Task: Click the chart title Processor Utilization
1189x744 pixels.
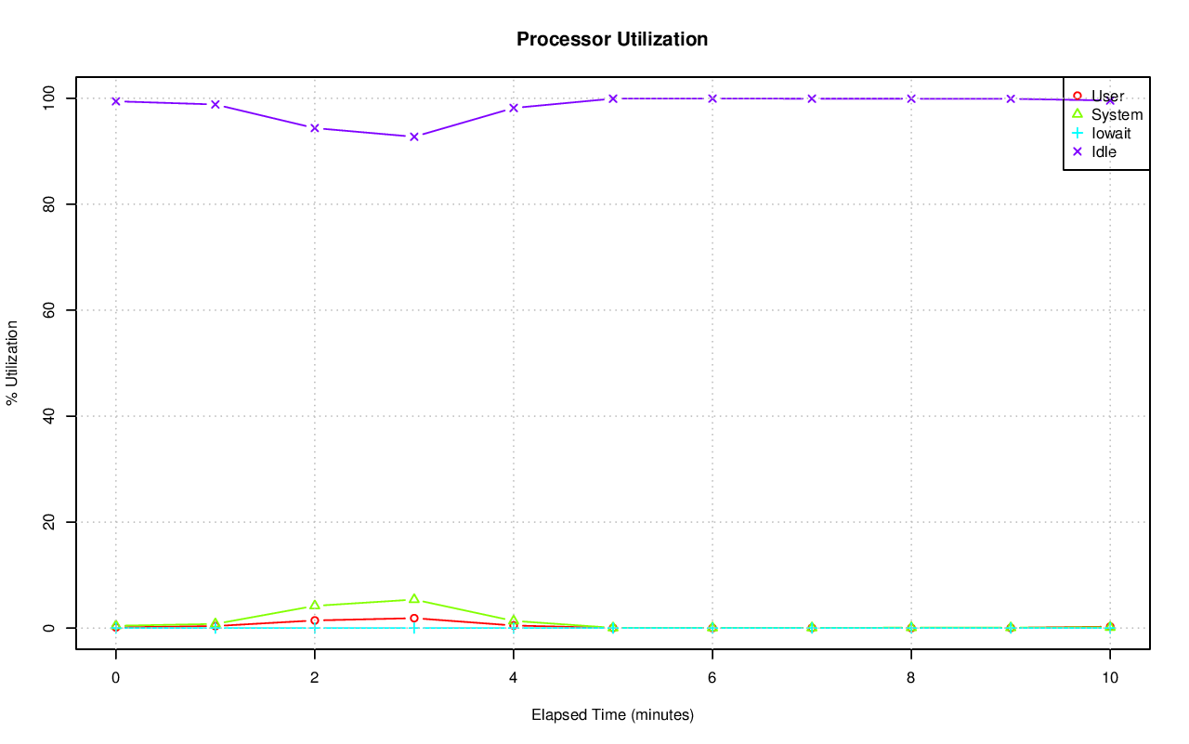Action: click(x=612, y=40)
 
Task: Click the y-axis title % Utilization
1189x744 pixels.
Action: click(x=12, y=363)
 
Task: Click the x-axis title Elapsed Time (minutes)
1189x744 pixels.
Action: click(x=612, y=715)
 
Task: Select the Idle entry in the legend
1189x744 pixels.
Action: click(x=1104, y=151)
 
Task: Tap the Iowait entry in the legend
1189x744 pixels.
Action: click(x=1110, y=133)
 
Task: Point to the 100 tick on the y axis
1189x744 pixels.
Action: click(x=52, y=98)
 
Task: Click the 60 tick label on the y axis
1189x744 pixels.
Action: click(x=52, y=309)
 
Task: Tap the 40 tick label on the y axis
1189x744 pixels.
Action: click(x=52, y=416)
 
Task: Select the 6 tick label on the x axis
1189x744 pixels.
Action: click(x=712, y=678)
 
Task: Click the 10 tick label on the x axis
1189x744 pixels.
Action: click(x=1109, y=678)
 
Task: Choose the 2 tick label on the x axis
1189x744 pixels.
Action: click(x=315, y=678)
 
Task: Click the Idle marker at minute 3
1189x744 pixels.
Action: click(x=414, y=137)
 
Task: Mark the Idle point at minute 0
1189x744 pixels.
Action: click(x=116, y=101)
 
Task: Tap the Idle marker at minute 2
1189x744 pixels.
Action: click(x=315, y=128)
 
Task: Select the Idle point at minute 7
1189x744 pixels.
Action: click(x=812, y=98)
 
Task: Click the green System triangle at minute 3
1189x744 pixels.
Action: click(x=414, y=599)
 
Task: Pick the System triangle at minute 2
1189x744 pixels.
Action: click(x=315, y=606)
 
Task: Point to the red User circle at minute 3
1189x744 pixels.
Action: click(x=414, y=618)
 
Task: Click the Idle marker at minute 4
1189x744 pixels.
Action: click(x=514, y=108)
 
